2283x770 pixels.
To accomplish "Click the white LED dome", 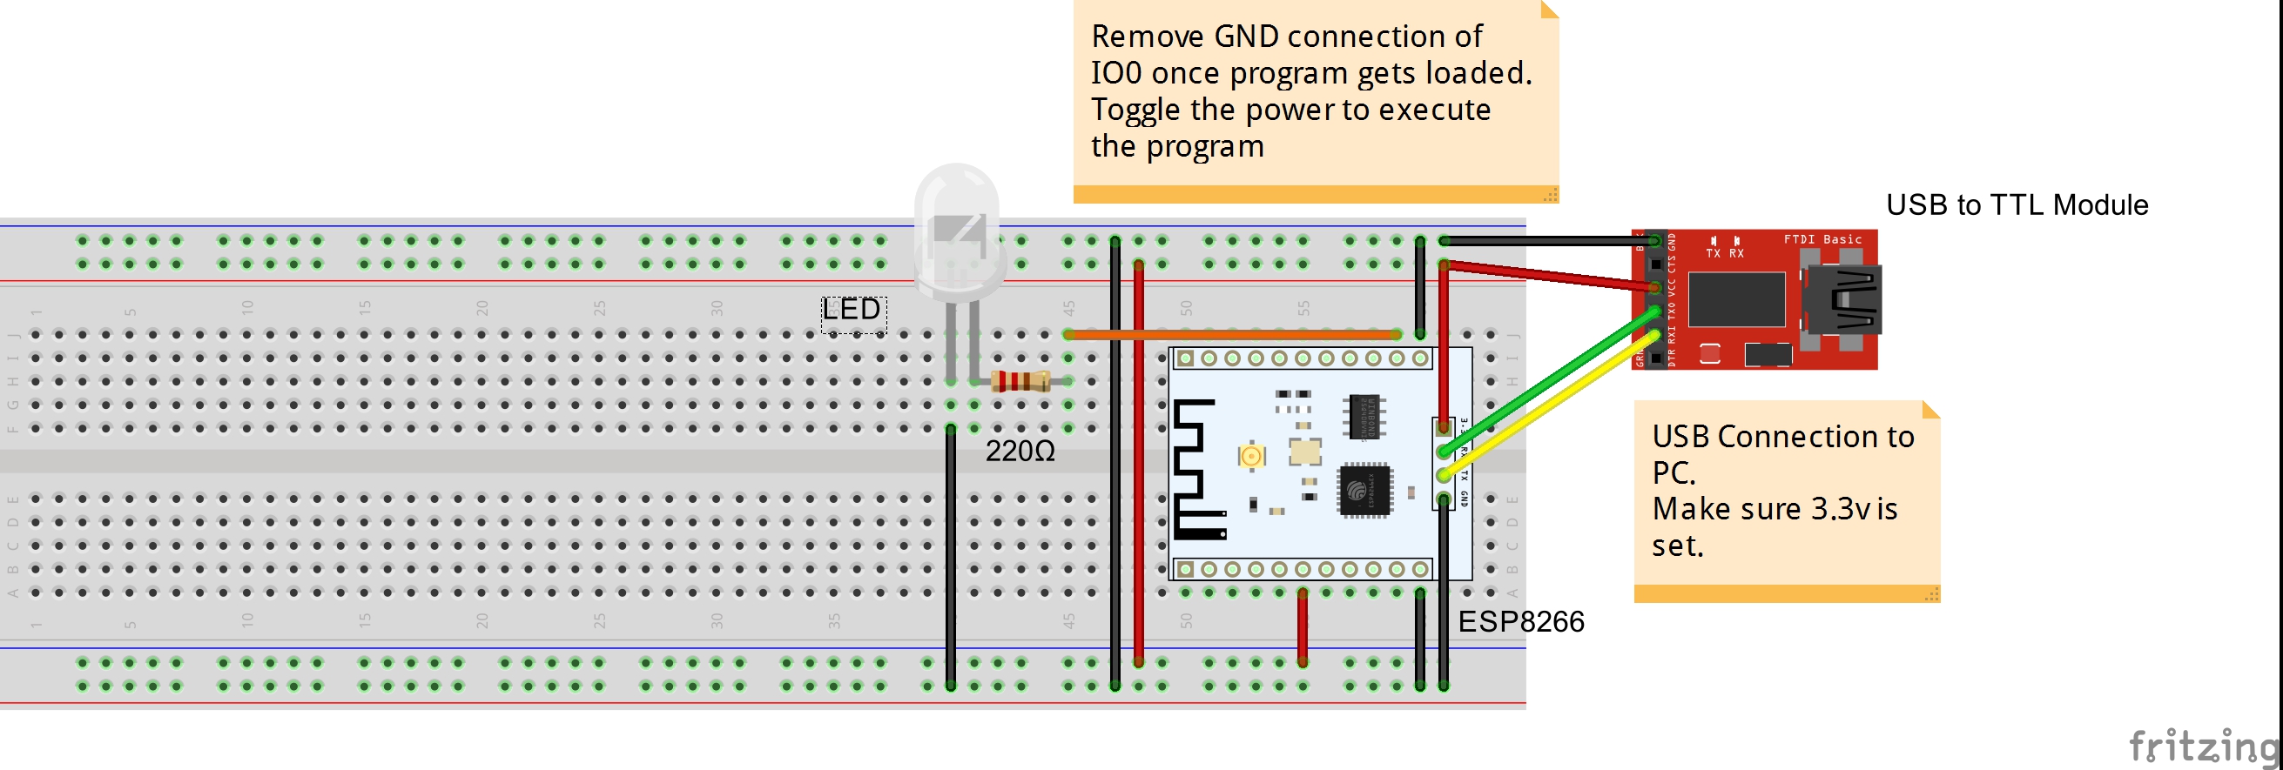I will (x=957, y=226).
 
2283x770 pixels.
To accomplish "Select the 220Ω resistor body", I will (x=1020, y=381).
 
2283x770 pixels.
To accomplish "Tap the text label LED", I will (x=851, y=309).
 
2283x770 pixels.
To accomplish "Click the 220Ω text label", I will (x=1020, y=451).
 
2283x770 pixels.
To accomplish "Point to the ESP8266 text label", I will (x=1520, y=621).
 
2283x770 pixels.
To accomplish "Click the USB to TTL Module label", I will (x=2017, y=204).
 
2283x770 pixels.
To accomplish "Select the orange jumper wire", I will (x=1232, y=334).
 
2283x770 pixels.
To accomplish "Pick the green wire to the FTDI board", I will (x=1551, y=381).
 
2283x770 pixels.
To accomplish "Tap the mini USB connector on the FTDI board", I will (x=1843, y=298).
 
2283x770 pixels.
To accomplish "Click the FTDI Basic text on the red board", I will (x=1822, y=239).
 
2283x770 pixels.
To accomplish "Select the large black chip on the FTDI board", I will (x=1736, y=299).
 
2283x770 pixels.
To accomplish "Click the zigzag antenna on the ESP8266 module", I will (x=1196, y=470).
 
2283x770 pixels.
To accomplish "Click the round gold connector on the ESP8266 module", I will (x=1251, y=455).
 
